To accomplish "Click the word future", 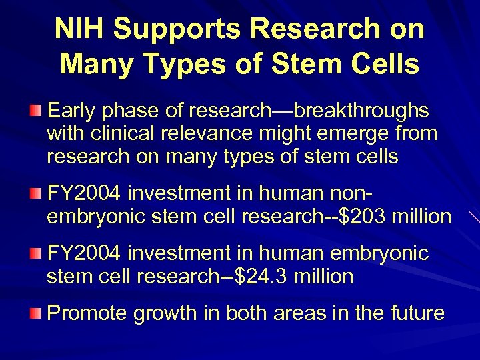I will (413, 313).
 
